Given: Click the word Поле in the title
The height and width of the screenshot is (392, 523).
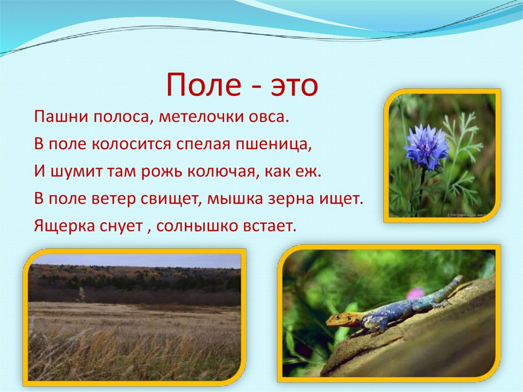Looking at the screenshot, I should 203,85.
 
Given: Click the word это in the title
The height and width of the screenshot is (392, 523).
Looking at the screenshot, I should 291,86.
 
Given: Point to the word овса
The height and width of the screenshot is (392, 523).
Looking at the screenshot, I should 269,117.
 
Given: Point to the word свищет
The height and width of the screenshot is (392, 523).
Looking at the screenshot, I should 174,198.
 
